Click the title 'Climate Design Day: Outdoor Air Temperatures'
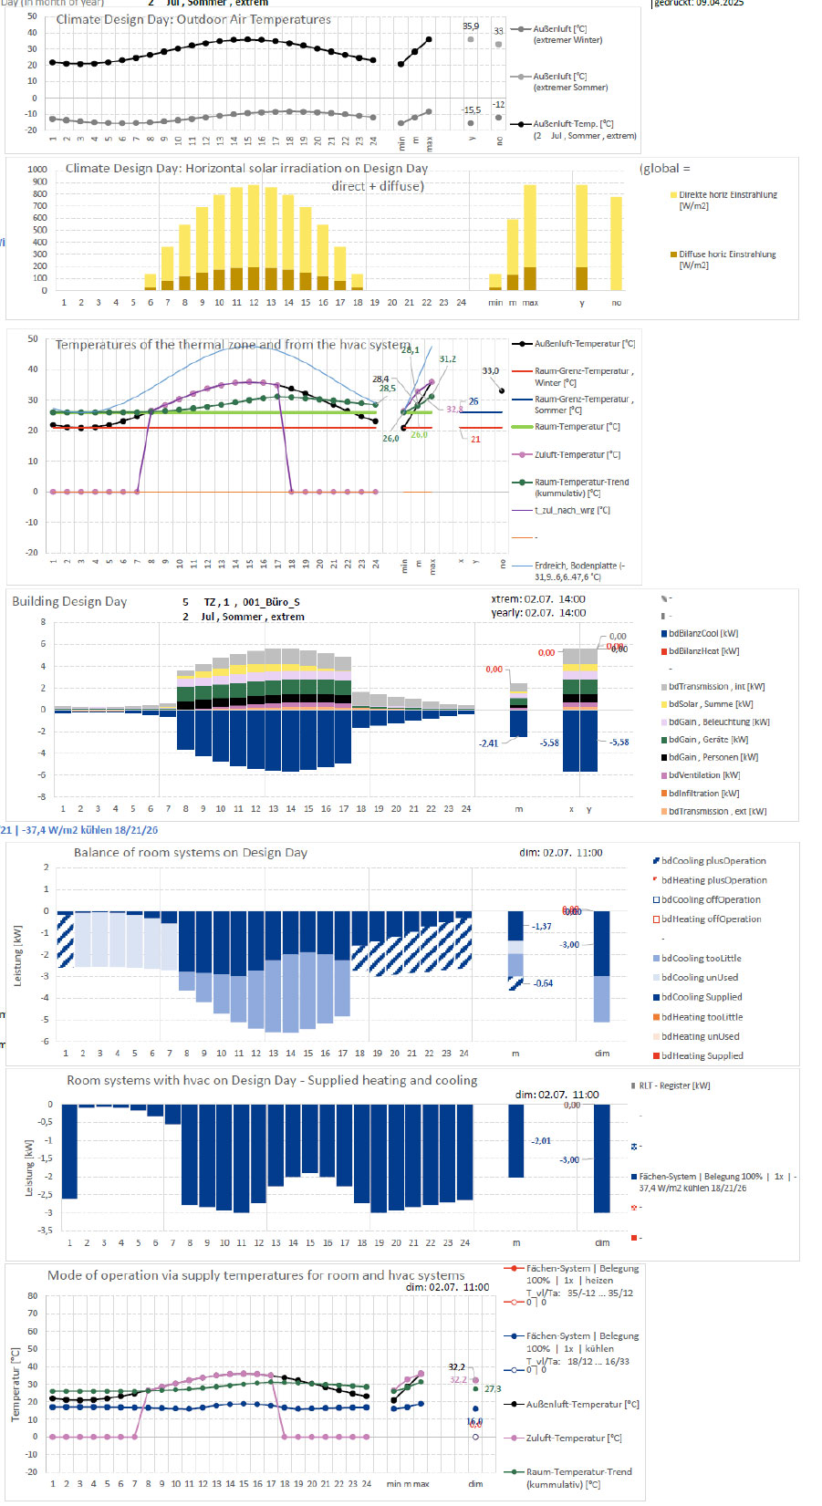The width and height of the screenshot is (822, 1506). click(193, 19)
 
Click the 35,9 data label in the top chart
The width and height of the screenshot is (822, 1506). click(471, 26)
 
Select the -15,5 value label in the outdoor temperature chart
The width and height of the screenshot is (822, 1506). click(471, 110)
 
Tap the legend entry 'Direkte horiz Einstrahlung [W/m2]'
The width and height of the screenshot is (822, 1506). click(727, 201)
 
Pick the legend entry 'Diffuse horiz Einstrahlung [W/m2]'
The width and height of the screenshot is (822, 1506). click(726, 260)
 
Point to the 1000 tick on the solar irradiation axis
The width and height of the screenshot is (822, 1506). click(37, 170)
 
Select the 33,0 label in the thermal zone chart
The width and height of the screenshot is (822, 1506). click(491, 371)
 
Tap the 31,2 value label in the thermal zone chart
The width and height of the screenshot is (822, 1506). click(447, 359)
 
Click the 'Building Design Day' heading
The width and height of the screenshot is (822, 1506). click(69, 602)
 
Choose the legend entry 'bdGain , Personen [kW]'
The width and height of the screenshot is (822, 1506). click(713, 757)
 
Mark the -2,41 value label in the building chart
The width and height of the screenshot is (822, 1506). click(489, 743)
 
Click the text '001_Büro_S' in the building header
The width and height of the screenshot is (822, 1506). click(271, 603)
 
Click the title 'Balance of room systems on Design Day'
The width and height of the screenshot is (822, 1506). click(190, 853)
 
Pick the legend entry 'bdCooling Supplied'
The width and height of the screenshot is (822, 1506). click(701, 997)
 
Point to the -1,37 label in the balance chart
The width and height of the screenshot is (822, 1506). click(542, 927)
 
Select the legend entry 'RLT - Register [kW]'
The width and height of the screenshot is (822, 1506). click(673, 1085)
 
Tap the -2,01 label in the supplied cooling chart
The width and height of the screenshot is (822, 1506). click(541, 1141)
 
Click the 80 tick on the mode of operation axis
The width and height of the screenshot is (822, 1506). click(33, 1296)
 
